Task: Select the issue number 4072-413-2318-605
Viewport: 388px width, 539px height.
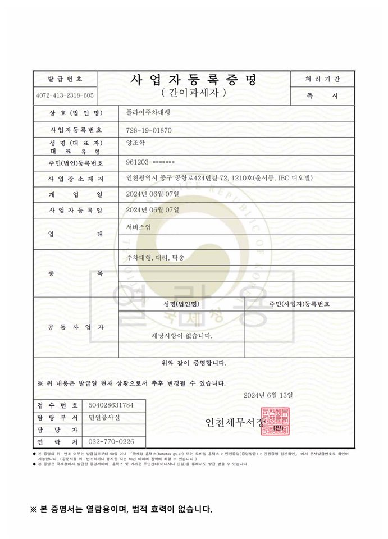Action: tap(65, 96)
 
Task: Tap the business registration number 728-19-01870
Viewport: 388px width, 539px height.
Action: tap(149, 130)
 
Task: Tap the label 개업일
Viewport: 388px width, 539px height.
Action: tap(76, 194)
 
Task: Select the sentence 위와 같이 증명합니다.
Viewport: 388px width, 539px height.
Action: tap(194, 363)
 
